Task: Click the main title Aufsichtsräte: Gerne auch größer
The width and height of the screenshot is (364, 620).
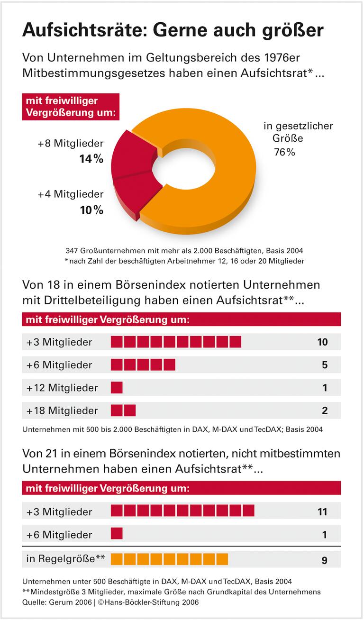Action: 173,30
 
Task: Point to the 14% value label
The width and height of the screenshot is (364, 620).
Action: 91,159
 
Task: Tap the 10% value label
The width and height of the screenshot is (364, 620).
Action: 91,210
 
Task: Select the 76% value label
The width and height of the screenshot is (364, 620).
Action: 284,152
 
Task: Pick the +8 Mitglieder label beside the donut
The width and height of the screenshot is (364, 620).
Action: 71,144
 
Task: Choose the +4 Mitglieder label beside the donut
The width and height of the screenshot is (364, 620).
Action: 71,194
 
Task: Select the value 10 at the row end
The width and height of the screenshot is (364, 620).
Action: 322,342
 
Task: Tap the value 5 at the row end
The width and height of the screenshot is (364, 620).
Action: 325,365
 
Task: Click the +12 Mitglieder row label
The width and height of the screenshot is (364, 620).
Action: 62,388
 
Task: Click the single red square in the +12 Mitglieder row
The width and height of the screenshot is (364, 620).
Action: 117,388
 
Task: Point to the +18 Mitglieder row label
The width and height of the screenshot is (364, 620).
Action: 62,410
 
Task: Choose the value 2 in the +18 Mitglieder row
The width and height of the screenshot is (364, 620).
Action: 325,410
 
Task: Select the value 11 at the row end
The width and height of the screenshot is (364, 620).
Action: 322,512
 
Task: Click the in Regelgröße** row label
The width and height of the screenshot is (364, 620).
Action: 65,559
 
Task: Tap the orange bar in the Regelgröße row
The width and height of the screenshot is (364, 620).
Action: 169,559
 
